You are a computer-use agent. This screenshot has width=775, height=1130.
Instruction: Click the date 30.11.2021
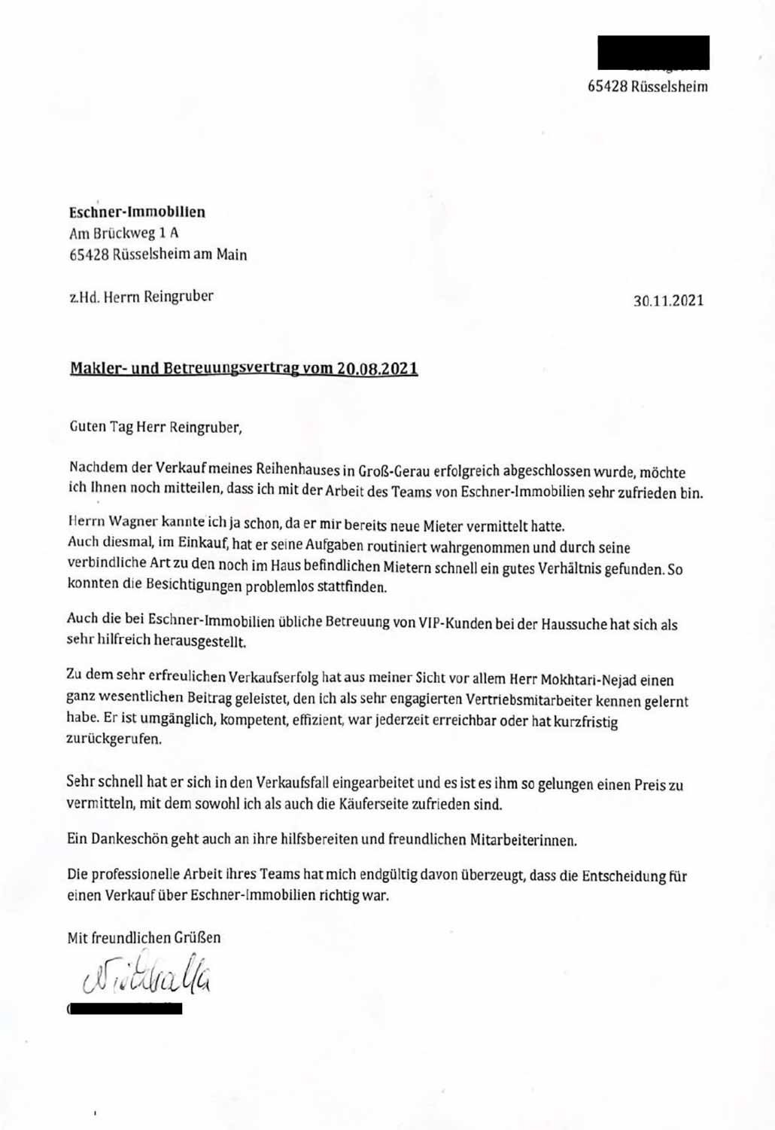coord(668,300)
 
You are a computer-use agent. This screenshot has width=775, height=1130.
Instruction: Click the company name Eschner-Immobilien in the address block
coord(137,212)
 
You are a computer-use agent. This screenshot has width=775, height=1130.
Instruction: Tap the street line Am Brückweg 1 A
coord(123,233)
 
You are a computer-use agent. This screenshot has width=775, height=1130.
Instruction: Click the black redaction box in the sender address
coord(653,52)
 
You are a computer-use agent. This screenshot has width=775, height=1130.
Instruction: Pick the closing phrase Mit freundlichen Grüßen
coord(144,937)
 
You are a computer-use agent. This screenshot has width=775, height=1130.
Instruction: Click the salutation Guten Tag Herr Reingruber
coord(156,427)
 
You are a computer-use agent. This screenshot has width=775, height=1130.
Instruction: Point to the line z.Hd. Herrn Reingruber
coord(141,296)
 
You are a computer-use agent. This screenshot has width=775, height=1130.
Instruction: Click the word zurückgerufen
coord(114,739)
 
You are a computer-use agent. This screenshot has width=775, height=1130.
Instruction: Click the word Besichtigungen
coord(178,586)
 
